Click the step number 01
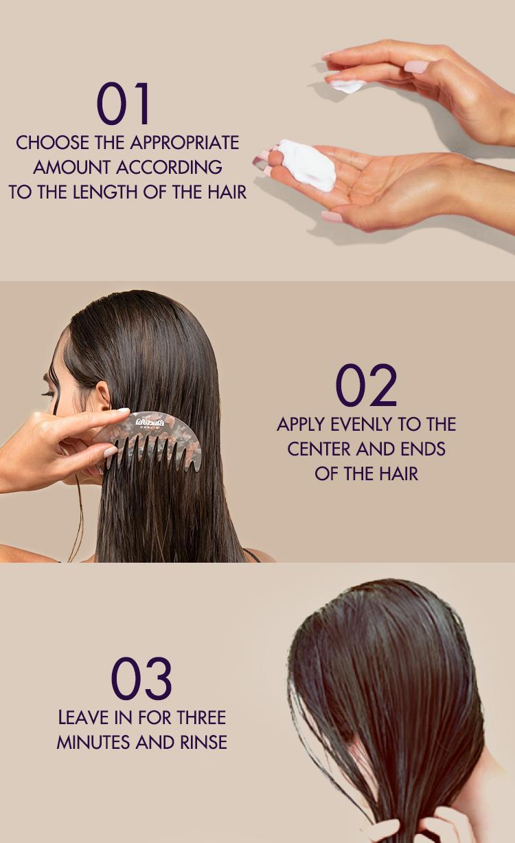click(x=124, y=104)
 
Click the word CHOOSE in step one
click(x=53, y=143)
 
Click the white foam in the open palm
click(x=308, y=165)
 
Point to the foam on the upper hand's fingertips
click(x=348, y=86)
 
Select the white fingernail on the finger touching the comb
click(x=122, y=412)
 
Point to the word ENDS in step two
click(x=425, y=449)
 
